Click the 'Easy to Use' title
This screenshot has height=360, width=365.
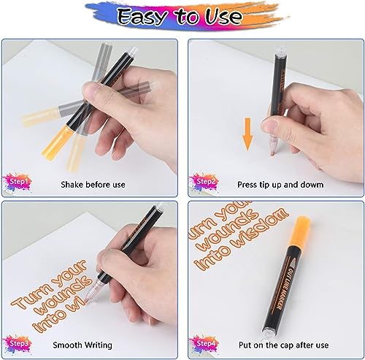[182, 16]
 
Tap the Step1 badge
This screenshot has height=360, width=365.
[18, 180]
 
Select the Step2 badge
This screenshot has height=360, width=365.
[204, 180]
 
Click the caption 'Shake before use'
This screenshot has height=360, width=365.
[93, 184]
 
